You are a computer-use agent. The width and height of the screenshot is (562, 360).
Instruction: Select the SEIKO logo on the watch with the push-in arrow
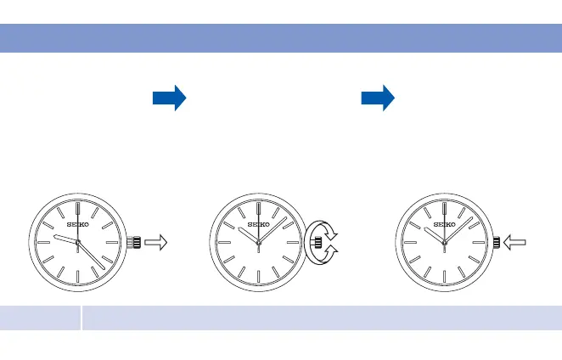click(x=445, y=225)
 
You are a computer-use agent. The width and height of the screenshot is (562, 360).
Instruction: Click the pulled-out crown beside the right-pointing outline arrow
click(x=133, y=243)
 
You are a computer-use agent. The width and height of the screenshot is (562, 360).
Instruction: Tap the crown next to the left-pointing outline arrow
click(x=496, y=243)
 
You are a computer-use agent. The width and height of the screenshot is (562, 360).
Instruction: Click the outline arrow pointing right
click(x=157, y=243)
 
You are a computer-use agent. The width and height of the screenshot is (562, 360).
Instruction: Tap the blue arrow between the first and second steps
click(x=169, y=98)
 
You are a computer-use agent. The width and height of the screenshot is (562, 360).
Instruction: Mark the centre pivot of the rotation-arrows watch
click(x=258, y=243)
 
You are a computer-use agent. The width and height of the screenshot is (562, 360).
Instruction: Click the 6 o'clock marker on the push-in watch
click(x=445, y=278)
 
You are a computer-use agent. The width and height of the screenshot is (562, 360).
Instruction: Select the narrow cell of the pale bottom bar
click(x=40, y=318)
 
